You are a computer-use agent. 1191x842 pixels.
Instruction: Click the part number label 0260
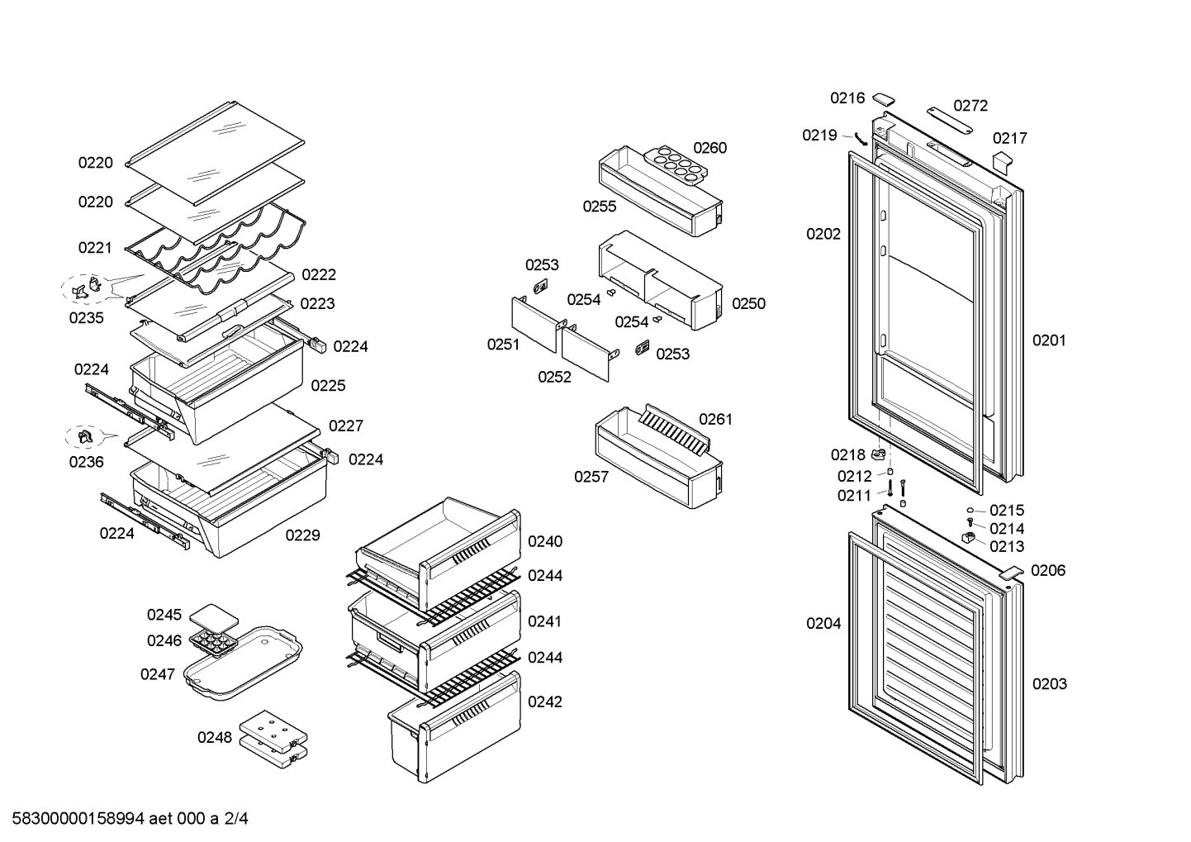(x=709, y=148)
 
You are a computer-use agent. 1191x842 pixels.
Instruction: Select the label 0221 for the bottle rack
(x=95, y=247)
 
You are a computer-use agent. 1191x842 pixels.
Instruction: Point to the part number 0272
(x=970, y=106)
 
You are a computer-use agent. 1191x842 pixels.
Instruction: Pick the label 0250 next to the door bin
(x=748, y=303)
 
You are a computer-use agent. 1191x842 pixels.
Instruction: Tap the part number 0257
(x=591, y=477)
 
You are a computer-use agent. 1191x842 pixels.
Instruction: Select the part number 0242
(x=545, y=702)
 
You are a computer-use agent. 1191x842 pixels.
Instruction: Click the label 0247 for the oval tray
(x=157, y=674)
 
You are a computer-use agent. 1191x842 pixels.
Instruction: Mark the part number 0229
(x=302, y=535)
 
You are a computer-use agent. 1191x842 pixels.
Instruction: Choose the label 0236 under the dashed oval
(x=86, y=462)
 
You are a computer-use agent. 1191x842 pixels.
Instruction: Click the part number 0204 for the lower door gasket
(x=823, y=624)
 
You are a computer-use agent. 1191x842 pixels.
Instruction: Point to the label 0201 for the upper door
(x=1049, y=340)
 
